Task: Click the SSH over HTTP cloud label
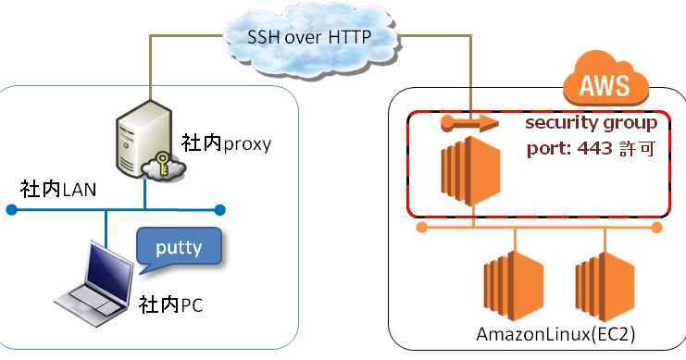coord(309,37)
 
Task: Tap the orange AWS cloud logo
coord(605,80)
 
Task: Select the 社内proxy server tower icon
coord(144,139)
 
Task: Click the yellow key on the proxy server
coord(162,163)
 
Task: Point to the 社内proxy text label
coord(226,143)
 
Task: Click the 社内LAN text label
coord(58,190)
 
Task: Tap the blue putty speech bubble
coord(179,248)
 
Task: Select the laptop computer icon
coord(94,283)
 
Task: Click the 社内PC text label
coord(171,304)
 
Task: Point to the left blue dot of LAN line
coord(12,210)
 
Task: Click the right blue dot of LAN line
coord(219,210)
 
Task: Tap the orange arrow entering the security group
coord(469,123)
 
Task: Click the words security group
coord(591,123)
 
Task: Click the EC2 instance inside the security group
coord(470,171)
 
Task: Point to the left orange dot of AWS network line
coord(422,228)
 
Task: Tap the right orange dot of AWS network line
coord(656,228)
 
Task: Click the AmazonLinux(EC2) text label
coord(555,335)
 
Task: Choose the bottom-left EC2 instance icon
coord(514,286)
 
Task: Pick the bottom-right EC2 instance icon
coord(605,286)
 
